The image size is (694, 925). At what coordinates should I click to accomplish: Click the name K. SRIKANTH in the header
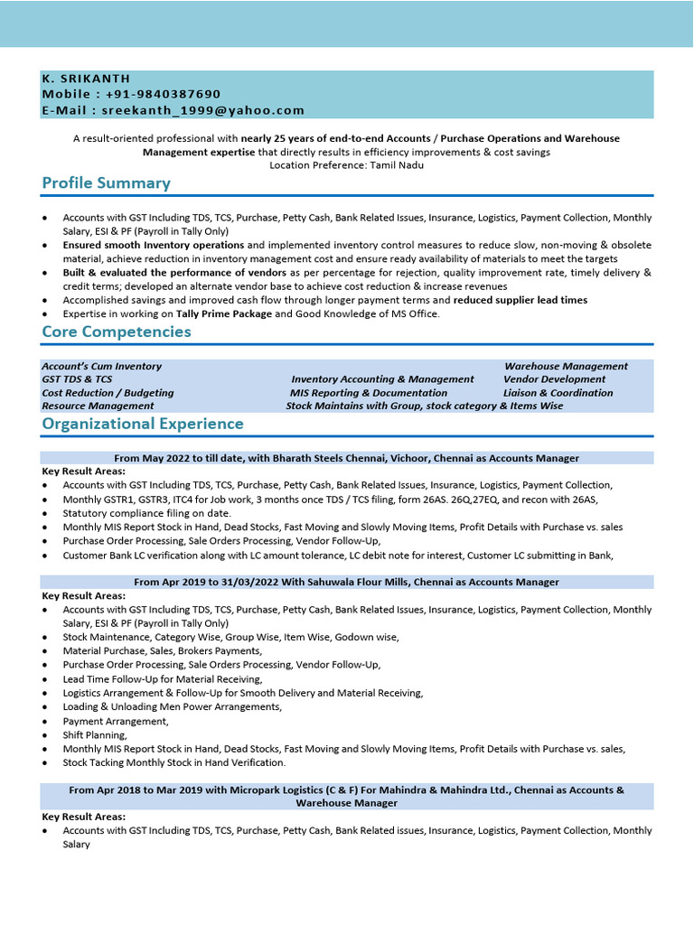pyautogui.click(x=86, y=79)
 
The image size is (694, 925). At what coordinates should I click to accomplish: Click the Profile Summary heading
pyautogui.click(x=106, y=183)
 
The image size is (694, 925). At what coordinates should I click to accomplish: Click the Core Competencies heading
pyautogui.click(x=117, y=332)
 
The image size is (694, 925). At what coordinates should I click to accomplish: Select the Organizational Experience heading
pyautogui.click(x=143, y=424)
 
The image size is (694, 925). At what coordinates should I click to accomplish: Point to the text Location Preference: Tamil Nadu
pyautogui.click(x=346, y=165)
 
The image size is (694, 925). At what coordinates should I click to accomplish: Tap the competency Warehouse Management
pyautogui.click(x=566, y=366)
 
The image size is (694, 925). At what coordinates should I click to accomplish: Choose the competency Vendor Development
pyautogui.click(x=554, y=379)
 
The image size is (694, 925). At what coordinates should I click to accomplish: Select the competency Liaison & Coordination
pyautogui.click(x=558, y=393)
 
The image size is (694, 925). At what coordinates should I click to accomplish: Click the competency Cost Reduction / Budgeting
pyautogui.click(x=108, y=393)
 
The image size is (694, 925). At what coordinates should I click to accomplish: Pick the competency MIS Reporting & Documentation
pyautogui.click(x=368, y=393)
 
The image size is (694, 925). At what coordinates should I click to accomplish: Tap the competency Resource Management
pyautogui.click(x=98, y=406)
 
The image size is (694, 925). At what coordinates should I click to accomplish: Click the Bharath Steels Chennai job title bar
pyautogui.click(x=346, y=458)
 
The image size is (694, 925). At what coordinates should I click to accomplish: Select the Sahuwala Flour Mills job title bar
pyautogui.click(x=346, y=582)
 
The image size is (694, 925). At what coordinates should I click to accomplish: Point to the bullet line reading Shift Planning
pyautogui.click(x=94, y=735)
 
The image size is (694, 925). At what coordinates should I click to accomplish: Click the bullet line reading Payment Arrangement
pyautogui.click(x=115, y=721)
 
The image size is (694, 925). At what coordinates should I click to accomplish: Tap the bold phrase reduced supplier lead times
pyautogui.click(x=520, y=300)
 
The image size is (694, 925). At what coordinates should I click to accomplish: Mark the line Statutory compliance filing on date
pyautogui.click(x=146, y=513)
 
